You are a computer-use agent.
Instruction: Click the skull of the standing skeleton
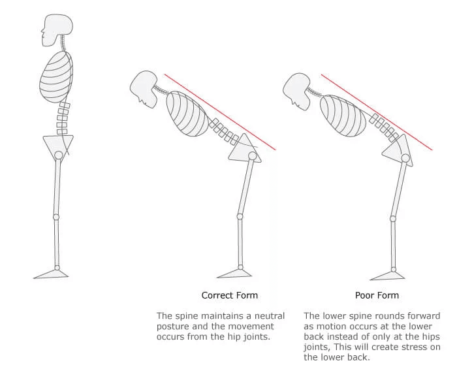(x=57, y=29)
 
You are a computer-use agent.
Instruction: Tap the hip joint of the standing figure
(x=59, y=155)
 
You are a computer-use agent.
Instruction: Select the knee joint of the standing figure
(x=56, y=217)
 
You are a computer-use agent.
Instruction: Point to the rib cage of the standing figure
(x=56, y=77)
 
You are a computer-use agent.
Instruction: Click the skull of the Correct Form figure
(x=144, y=89)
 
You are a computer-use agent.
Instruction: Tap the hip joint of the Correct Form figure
(x=253, y=155)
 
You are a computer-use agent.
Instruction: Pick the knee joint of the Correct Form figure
(x=240, y=216)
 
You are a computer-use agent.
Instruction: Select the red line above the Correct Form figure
(x=220, y=112)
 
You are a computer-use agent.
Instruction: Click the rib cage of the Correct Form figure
(x=188, y=114)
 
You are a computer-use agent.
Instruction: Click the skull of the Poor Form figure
(x=297, y=91)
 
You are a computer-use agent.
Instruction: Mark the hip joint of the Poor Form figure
(x=405, y=158)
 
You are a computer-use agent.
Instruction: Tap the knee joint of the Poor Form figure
(x=393, y=218)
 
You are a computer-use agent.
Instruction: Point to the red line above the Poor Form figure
(x=377, y=112)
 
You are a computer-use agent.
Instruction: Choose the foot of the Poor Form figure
(x=388, y=276)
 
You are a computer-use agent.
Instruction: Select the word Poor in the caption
(x=363, y=295)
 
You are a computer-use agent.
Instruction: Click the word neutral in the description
(x=270, y=316)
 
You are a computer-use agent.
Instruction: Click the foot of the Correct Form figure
(x=234, y=274)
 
